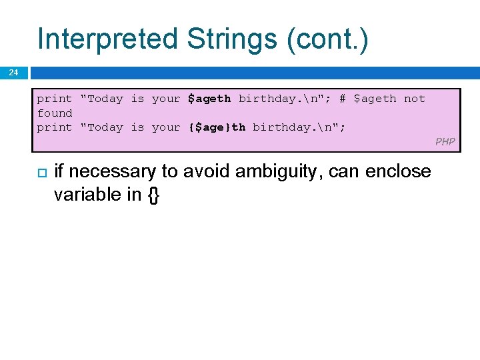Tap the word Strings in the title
pyautogui.click(x=232, y=39)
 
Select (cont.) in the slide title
pyautogui.click(x=327, y=39)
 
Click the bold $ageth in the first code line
pyautogui.click(x=209, y=99)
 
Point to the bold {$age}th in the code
pyautogui.click(x=217, y=127)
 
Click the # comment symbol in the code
pyautogui.click(x=342, y=99)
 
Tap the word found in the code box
pyautogui.click(x=55, y=113)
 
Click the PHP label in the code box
pyautogui.click(x=445, y=141)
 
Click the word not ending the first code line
pyautogui.click(x=414, y=99)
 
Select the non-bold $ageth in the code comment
pyautogui.click(x=374, y=99)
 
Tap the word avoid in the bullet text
pyautogui.click(x=214, y=172)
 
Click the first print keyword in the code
pyautogui.click(x=55, y=99)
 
